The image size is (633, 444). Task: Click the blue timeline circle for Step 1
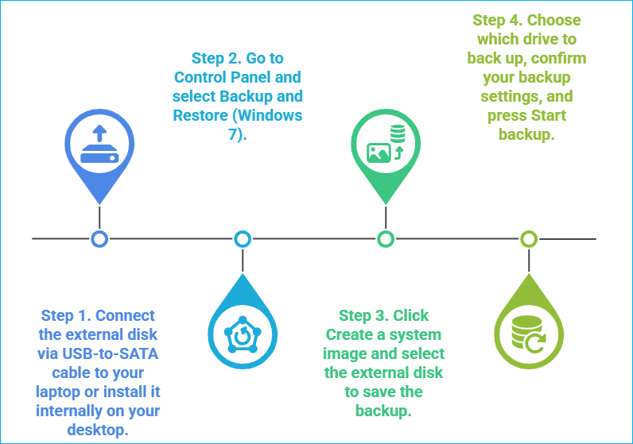(x=99, y=238)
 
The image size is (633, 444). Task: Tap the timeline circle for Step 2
(x=243, y=238)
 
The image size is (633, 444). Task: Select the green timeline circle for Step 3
(x=386, y=238)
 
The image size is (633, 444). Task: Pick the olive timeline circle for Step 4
(x=529, y=238)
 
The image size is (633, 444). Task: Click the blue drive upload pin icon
(x=99, y=145)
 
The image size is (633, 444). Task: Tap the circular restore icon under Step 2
(x=243, y=334)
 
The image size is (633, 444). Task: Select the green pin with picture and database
(x=386, y=145)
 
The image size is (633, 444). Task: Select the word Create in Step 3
(x=351, y=334)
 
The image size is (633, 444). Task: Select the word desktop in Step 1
(x=98, y=430)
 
